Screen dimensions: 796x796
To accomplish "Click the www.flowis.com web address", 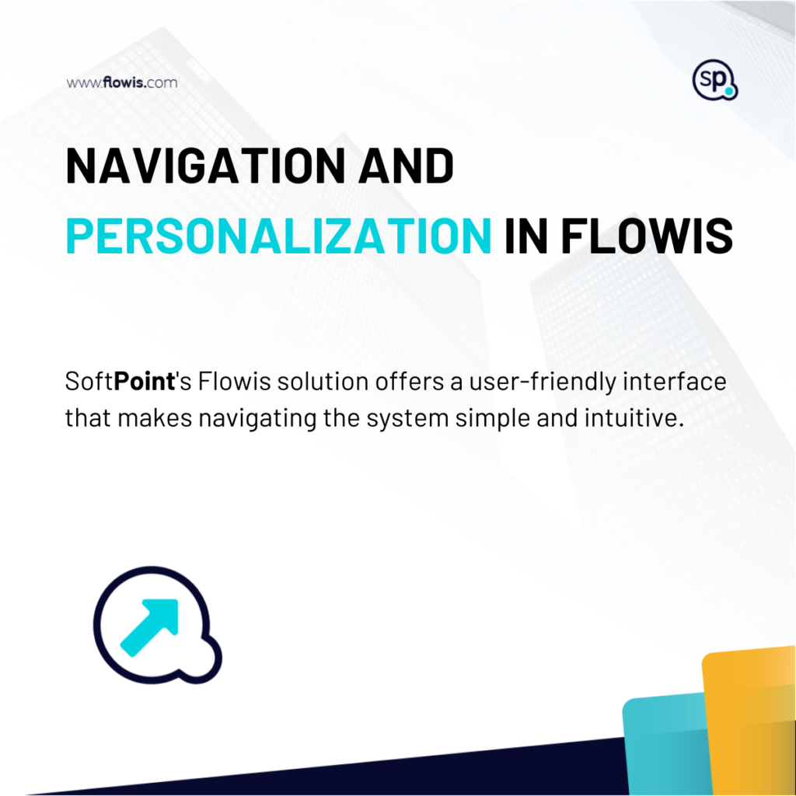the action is [x=122, y=82].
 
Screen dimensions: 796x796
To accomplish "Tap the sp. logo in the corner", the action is [x=715, y=80].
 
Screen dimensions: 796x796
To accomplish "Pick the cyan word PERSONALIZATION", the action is [x=279, y=236].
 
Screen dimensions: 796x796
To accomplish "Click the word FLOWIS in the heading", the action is [x=647, y=236].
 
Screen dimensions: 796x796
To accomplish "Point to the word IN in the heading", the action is [x=526, y=236].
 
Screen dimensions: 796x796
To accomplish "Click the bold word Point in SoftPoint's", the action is [x=145, y=381].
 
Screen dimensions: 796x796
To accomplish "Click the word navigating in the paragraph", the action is [x=257, y=419].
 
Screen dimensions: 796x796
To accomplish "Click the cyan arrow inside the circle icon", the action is [x=149, y=627].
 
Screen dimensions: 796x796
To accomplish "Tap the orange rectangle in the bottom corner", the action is [x=749, y=721].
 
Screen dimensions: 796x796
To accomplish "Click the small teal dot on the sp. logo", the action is [x=729, y=92].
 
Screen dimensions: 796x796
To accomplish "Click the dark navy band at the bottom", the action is [x=355, y=774].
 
